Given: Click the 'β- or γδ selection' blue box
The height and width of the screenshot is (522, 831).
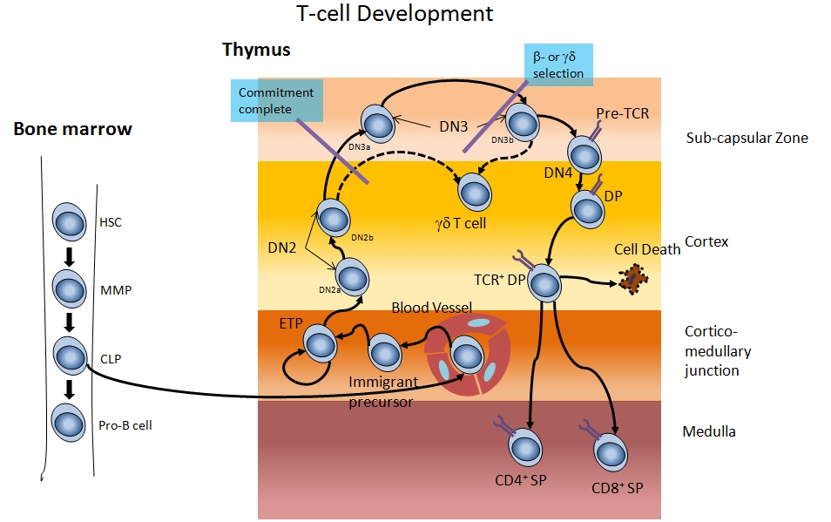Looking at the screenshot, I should (558, 65).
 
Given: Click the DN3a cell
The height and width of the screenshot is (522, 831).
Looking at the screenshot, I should (378, 124).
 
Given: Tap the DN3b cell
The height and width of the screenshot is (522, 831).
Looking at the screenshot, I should (521, 119).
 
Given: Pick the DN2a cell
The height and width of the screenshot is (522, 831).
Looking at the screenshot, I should (353, 276).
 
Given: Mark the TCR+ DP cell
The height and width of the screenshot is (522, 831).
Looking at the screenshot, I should (544, 284).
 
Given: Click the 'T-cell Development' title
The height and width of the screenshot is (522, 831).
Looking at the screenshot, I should (394, 14).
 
